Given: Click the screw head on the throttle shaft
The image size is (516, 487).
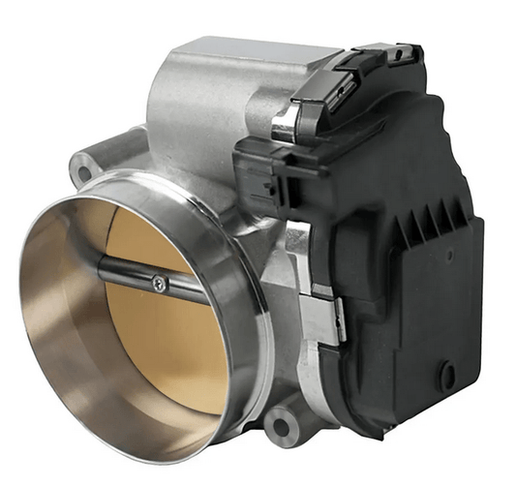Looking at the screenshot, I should (x=158, y=283).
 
